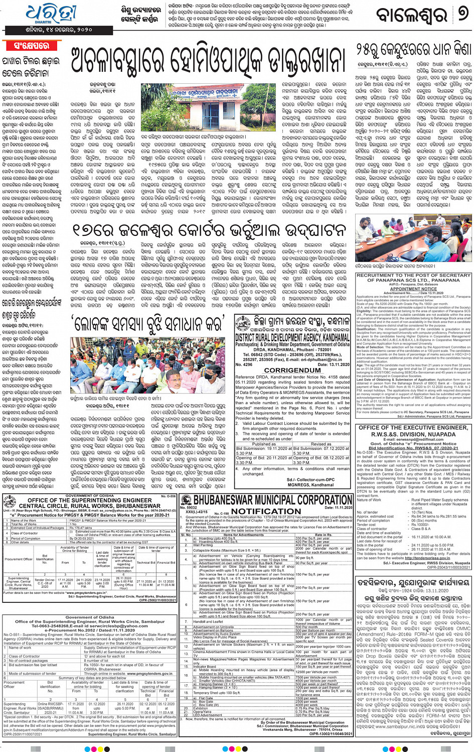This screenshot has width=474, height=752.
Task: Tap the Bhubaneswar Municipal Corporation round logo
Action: (x=186, y=500)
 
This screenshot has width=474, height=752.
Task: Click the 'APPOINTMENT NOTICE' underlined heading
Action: (x=413, y=289)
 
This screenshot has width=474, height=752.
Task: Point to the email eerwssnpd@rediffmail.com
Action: (x=414, y=439)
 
